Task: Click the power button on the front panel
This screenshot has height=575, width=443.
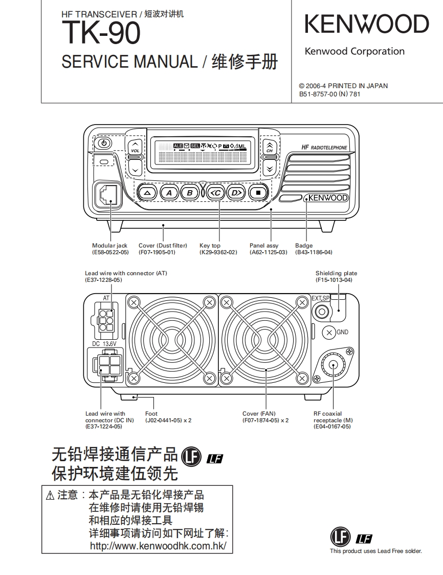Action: point(103,143)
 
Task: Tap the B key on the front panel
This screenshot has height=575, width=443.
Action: point(190,193)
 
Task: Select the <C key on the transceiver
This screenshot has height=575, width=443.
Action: point(216,193)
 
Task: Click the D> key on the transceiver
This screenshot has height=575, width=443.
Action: point(235,193)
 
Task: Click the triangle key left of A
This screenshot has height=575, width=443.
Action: point(147,193)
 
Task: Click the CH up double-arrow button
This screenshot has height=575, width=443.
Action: point(270,146)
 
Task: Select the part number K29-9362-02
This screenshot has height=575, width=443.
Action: point(218,253)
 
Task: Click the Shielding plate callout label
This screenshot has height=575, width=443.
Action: point(336,274)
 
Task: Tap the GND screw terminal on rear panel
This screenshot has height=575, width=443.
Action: point(329,332)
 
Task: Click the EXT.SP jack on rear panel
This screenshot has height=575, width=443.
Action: point(322,311)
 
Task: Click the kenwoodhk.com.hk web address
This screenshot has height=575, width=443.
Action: point(158,546)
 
